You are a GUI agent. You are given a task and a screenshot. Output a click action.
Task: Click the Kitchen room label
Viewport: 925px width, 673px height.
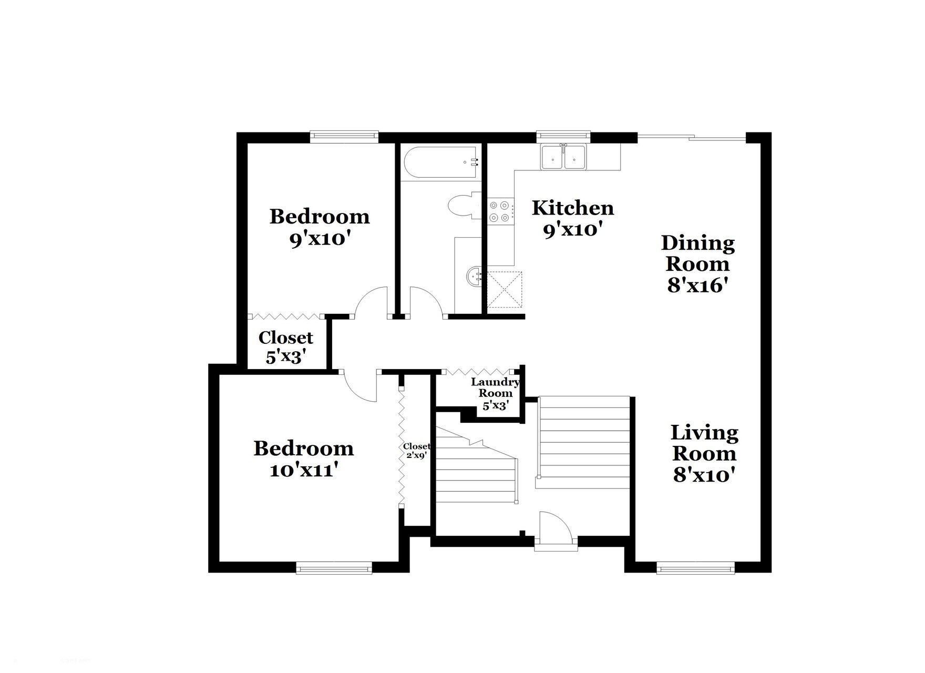pyautogui.click(x=573, y=208)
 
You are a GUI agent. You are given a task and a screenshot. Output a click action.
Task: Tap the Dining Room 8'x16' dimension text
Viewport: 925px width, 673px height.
pyautogui.click(x=698, y=285)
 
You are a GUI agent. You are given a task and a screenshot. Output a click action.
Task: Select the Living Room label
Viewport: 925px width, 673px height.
pyautogui.click(x=704, y=443)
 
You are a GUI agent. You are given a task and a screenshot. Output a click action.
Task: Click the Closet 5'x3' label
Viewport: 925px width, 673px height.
pyautogui.click(x=285, y=347)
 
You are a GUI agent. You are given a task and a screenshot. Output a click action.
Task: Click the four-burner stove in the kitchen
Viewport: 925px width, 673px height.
pyautogui.click(x=499, y=211)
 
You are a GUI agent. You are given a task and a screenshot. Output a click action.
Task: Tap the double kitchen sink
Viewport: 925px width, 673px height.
pyautogui.click(x=564, y=156)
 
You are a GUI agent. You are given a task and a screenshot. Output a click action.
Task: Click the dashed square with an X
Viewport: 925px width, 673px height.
pyautogui.click(x=504, y=289)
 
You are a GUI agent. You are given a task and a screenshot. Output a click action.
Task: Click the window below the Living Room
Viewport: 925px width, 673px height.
pyautogui.click(x=695, y=568)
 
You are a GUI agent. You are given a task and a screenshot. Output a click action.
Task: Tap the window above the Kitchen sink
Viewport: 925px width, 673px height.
pyautogui.click(x=563, y=137)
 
